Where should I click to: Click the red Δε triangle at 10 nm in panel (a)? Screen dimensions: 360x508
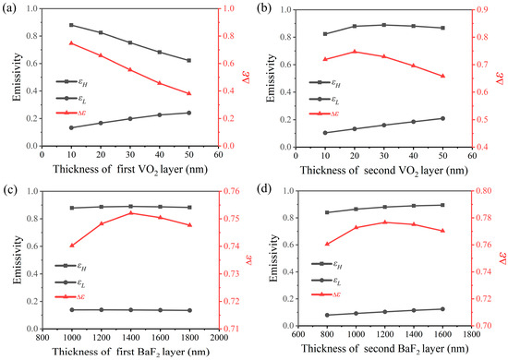pyautogui.click(x=71, y=43)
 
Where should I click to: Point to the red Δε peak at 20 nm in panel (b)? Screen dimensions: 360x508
pyautogui.click(x=354, y=52)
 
